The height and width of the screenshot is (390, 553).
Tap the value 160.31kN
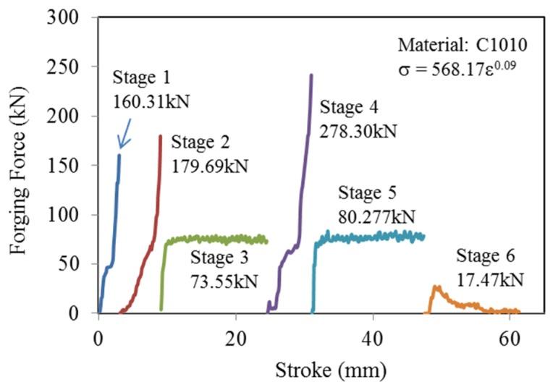[151, 101]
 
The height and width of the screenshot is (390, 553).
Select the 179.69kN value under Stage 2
[210, 166]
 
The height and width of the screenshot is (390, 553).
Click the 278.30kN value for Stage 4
[358, 132]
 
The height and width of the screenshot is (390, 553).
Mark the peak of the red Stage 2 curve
[160, 135]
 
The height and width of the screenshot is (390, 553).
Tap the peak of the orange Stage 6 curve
[436, 287]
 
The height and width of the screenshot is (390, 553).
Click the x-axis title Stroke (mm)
[330, 371]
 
